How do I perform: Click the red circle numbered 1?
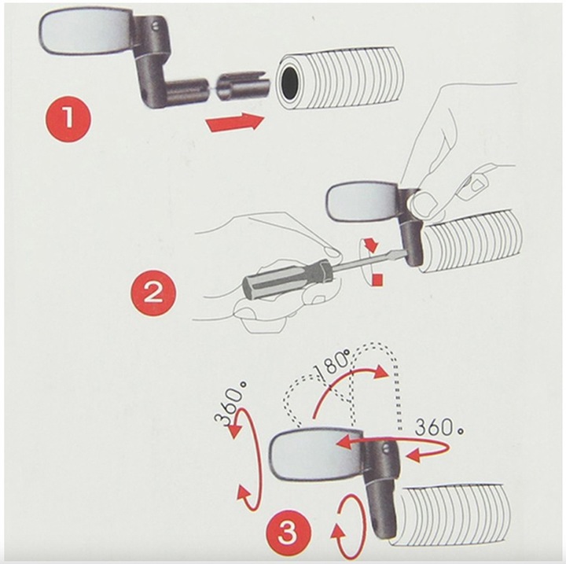pyautogui.click(x=68, y=119)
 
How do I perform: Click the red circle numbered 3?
pyautogui.click(x=288, y=533)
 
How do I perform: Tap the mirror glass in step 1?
pyautogui.click(x=84, y=35)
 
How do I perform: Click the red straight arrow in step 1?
pyautogui.click(x=235, y=122)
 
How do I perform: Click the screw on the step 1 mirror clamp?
pyautogui.click(x=156, y=26)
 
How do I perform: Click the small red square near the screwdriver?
pyautogui.click(x=377, y=279)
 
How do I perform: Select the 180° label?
pyautogui.click(x=331, y=366)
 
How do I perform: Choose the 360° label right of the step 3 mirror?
pyautogui.click(x=439, y=428)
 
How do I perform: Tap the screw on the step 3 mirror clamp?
pyautogui.click(x=386, y=449)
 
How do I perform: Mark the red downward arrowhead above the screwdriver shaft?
pyautogui.click(x=372, y=246)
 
